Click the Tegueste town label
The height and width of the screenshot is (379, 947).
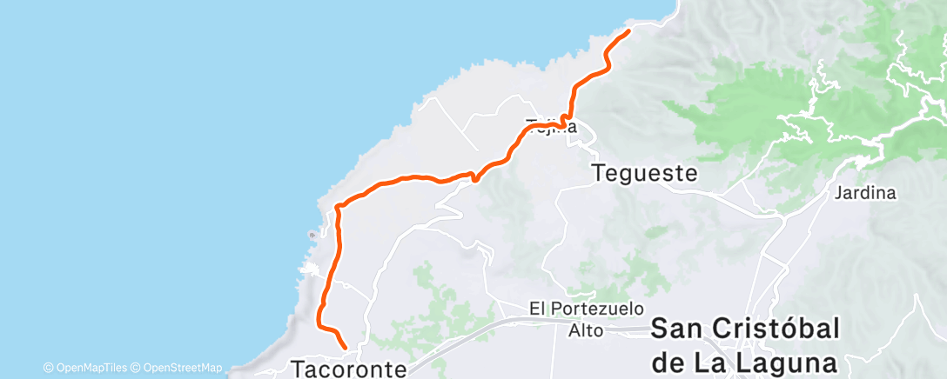(644, 173)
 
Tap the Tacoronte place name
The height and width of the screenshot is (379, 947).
(348, 369)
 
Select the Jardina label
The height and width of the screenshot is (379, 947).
(864, 193)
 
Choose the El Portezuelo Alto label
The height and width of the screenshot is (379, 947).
(587, 318)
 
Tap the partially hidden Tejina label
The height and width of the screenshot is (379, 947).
(552, 125)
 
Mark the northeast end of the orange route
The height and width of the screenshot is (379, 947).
(628, 31)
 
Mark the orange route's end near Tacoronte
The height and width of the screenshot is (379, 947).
(346, 348)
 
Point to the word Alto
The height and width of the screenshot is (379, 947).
(587, 329)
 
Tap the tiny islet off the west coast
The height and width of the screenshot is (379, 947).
(312, 235)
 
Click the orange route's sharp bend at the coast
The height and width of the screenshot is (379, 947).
(337, 207)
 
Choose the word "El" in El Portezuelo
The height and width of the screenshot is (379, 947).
(540, 309)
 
